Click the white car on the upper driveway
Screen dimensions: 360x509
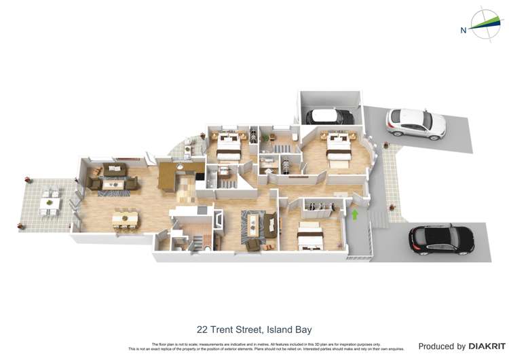415,123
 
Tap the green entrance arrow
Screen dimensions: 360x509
354,215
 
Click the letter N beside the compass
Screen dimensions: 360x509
464,29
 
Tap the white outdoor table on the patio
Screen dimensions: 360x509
48,202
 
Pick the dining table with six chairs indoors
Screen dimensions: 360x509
126,219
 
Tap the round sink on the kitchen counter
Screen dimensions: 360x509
180,166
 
